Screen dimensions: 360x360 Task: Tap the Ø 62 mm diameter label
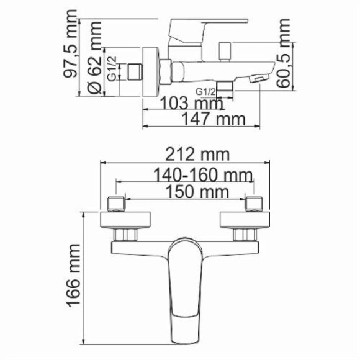(x=94, y=65)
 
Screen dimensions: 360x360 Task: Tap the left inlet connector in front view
(x=116, y=203)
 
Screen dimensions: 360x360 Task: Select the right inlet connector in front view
(x=255, y=203)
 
